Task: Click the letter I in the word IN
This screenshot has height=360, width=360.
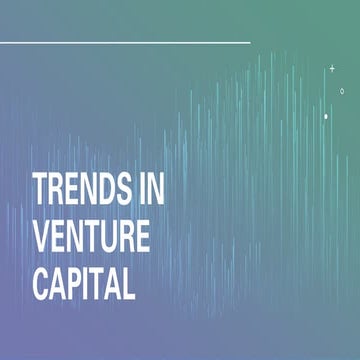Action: pos(140,190)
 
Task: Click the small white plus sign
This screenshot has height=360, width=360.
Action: pos(332,68)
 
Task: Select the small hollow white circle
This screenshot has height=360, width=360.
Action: pos(342,91)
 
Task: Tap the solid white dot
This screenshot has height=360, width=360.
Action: pos(326,116)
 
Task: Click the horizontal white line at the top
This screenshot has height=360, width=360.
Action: pos(125,43)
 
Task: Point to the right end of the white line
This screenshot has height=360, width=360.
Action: pos(249,43)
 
